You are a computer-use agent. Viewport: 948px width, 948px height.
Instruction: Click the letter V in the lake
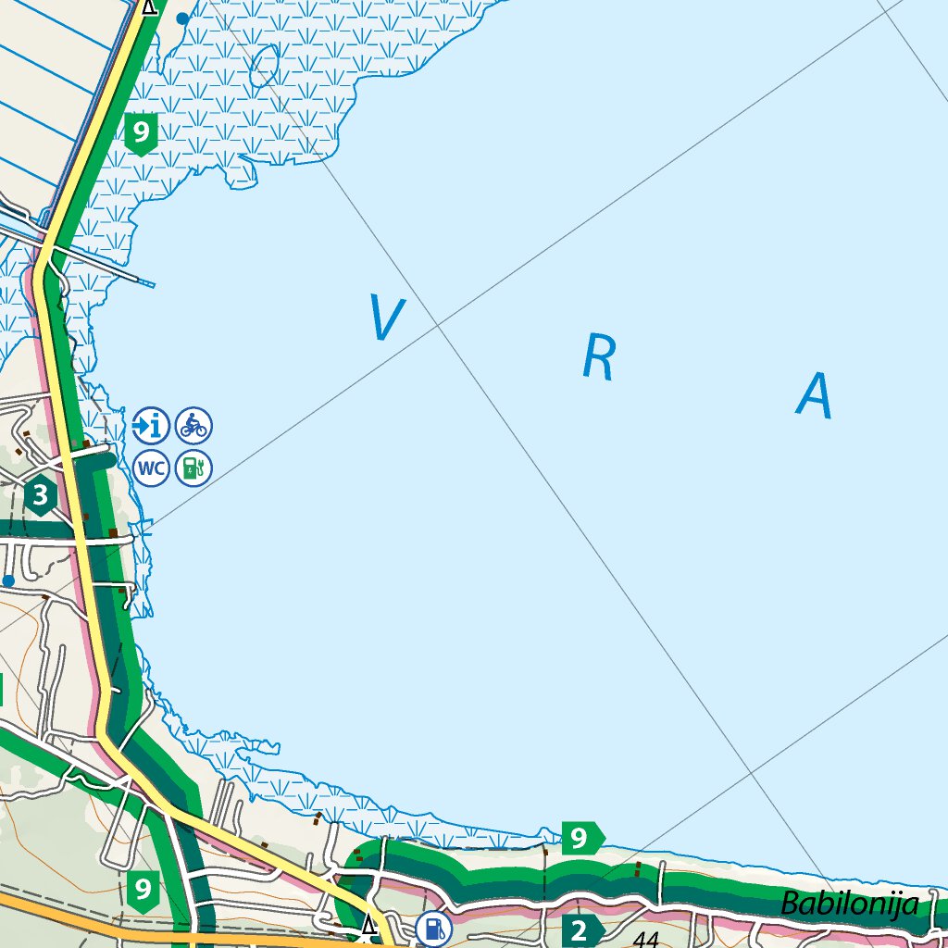[x=386, y=317]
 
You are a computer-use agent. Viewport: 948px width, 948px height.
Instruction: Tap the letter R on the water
[x=599, y=358]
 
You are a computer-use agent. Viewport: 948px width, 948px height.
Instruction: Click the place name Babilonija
[x=850, y=904]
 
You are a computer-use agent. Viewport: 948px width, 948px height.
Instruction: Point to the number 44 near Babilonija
[x=646, y=939]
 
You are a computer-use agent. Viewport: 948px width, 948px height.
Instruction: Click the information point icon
[x=151, y=426]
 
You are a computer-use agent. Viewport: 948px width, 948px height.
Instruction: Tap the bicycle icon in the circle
[x=193, y=426]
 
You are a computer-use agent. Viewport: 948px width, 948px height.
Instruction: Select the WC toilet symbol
[x=151, y=468]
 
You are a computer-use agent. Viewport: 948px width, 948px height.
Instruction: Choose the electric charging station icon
[x=193, y=468]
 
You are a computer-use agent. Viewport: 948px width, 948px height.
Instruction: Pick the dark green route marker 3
[x=40, y=496]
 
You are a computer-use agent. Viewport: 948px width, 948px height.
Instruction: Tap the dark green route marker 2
[x=580, y=930]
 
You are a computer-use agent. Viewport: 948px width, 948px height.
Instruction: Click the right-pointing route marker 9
[x=581, y=839]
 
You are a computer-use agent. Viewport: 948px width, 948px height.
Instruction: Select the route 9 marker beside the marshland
[x=141, y=132]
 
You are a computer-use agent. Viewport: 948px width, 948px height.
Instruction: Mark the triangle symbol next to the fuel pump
[x=369, y=925]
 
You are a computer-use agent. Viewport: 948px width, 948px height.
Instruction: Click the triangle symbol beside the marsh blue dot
[x=149, y=7]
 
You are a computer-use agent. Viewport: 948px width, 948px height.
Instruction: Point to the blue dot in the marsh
[x=182, y=18]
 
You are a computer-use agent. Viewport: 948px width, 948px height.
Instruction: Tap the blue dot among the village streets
[x=8, y=580]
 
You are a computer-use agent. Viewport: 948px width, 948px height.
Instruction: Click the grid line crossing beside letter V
[x=439, y=326]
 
